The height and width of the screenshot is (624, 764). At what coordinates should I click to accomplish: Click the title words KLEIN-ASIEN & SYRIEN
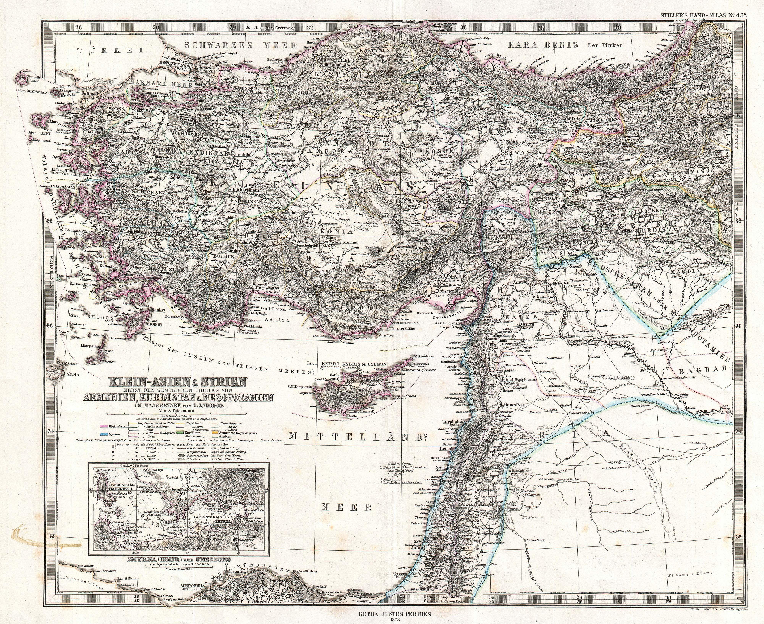[x=178, y=382]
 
